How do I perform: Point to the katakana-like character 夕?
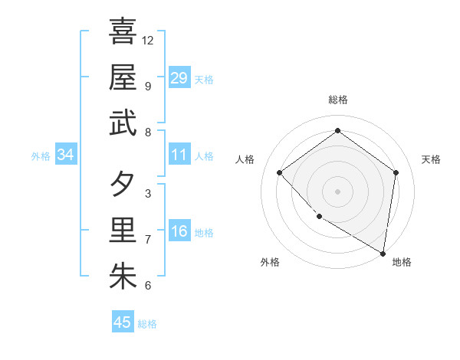[123, 183]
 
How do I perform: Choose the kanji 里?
[123, 230]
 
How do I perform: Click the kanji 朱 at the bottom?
[123, 277]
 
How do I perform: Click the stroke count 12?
[148, 40]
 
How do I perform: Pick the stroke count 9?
[148, 86]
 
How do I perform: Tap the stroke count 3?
[148, 193]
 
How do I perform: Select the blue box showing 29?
[179, 77]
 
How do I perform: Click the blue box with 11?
[179, 155]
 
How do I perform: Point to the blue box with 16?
[179, 232]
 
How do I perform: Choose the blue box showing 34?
[66, 155]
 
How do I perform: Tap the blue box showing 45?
[123, 322]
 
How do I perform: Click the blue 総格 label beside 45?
[147, 324]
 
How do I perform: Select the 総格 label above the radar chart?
[337, 100]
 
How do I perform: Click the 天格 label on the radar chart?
[432, 159]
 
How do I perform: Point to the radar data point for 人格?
[280, 172]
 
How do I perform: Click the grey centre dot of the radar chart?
[337, 191]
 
